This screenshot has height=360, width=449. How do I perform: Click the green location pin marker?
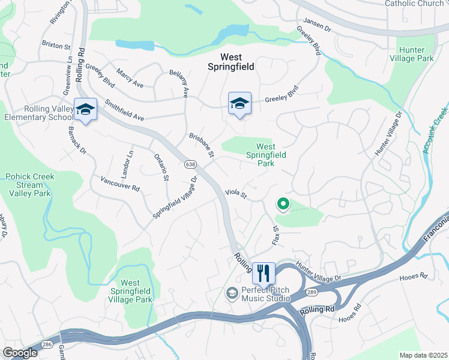pos(283,205)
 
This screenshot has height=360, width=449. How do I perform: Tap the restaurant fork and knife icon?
pos(263,273)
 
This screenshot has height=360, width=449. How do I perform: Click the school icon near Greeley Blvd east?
pos(240,104)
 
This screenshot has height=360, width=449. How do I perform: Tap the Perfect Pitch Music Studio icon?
pos(231,293)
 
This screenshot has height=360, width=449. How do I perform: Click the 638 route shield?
pos(190,164)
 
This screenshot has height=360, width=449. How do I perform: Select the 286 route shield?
pos(47,344)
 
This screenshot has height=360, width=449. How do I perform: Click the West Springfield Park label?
pos(265,155)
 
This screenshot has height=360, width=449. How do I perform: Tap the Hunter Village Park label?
pos(415,55)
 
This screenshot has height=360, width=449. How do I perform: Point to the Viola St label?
pos(236,193)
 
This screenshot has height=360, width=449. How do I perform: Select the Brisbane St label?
pos(202,145)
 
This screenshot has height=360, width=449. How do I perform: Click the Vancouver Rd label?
pos(120,184)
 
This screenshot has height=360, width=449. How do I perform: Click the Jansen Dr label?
pos(316,25)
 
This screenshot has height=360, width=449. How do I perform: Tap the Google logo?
pos(20,353)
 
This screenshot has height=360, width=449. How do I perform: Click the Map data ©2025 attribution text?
pos(423,355)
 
